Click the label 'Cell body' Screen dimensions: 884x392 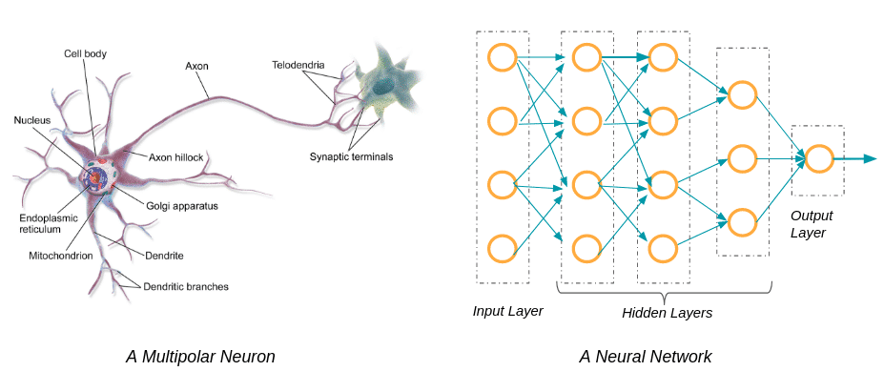(85, 54)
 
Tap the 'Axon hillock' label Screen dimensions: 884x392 (175, 157)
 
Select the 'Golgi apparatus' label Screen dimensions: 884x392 (184, 206)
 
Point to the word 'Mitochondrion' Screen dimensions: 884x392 (61, 256)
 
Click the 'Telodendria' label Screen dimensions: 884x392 (298, 65)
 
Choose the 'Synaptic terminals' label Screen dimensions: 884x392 (351, 156)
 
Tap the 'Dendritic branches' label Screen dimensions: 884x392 (186, 286)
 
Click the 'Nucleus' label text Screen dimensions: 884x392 (32, 120)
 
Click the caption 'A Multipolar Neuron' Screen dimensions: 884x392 (200, 357)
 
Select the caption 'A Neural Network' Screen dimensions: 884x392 (645, 357)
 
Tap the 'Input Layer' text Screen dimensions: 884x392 (507, 311)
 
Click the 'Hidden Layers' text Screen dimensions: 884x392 (667, 313)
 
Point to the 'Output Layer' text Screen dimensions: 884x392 (812, 224)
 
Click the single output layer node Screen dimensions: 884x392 (818, 159)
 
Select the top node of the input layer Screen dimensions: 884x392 (503, 57)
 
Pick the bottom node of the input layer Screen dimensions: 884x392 (503, 249)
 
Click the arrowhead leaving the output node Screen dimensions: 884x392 (870, 159)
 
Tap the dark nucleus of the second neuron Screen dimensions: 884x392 (385, 86)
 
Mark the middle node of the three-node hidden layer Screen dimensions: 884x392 (742, 159)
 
